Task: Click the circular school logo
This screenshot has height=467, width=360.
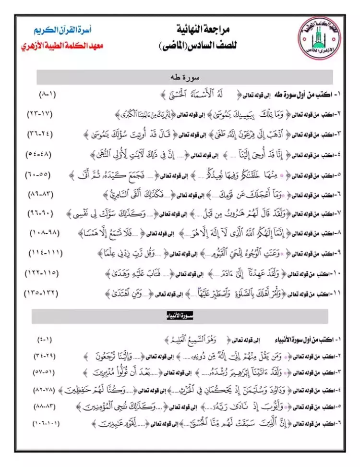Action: pyautogui.click(x=317, y=38)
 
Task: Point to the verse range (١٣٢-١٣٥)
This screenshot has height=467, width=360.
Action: pyautogui.click(x=40, y=292)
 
